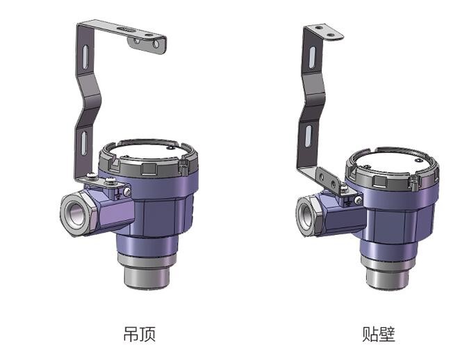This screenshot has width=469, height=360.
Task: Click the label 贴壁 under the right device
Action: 379,334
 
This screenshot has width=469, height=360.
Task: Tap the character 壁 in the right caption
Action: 387,334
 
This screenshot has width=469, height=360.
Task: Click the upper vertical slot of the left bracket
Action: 83,56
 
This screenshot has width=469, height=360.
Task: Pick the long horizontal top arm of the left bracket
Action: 125,31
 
